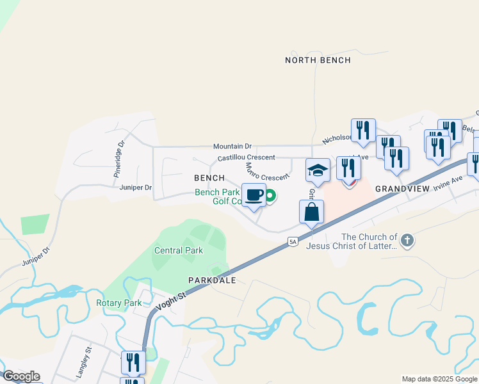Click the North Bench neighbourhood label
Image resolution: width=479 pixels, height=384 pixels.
318,60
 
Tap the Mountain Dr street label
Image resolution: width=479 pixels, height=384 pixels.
232,147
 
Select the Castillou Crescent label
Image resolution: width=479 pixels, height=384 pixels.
246,157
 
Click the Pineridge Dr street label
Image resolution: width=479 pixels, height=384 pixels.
118,159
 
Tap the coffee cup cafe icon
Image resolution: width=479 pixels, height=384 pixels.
254,195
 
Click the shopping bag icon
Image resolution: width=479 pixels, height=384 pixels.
311,212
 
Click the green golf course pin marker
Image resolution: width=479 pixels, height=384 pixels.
270,196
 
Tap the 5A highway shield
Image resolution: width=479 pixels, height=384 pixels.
293,241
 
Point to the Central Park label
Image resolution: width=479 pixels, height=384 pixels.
179,251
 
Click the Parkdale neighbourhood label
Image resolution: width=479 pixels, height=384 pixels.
212,280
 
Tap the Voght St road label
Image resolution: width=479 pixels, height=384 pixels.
172,297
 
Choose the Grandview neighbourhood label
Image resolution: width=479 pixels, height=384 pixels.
400,189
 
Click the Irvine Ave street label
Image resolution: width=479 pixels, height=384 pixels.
448,184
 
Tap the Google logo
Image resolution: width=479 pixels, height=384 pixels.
21,376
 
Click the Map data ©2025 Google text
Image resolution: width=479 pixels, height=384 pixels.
439,379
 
